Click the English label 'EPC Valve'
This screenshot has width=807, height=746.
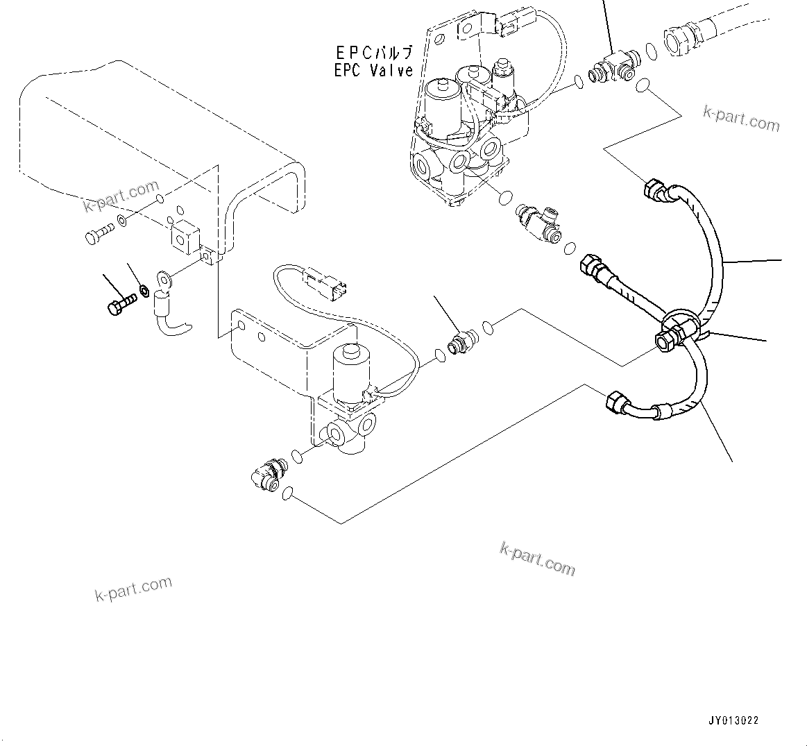click(373, 70)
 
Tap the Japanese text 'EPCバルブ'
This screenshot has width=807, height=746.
click(373, 53)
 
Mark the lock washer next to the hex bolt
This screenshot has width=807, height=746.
click(144, 289)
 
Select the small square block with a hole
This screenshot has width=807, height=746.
click(183, 238)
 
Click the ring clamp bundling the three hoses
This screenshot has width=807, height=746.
click(678, 328)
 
